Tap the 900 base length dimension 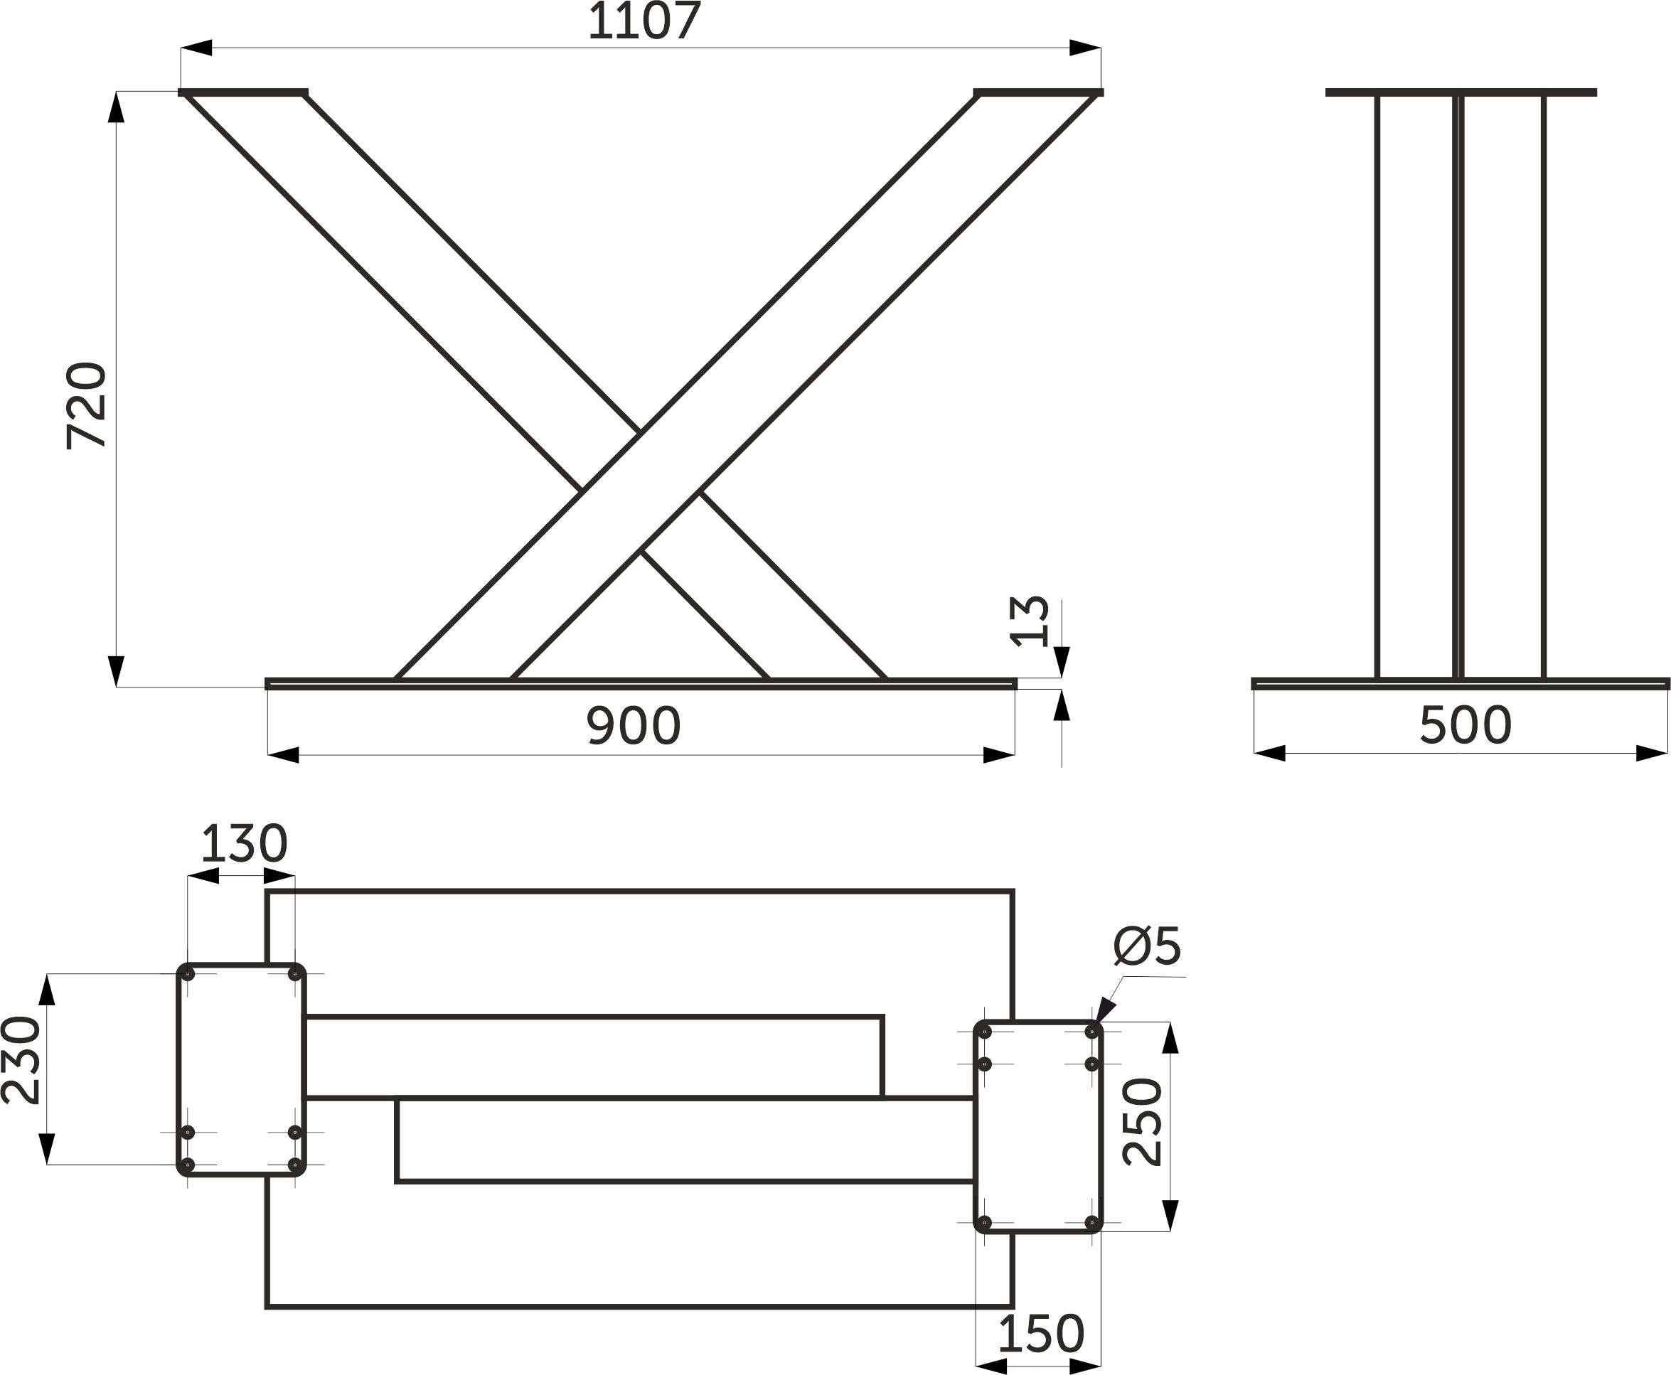pos(634,725)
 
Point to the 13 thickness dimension pos(1030,622)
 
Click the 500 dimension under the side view pos(1465,725)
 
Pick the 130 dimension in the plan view pos(244,845)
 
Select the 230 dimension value pos(21,1061)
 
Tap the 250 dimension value pos(1143,1122)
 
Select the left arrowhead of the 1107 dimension pos(196,48)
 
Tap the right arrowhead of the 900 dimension pos(998,755)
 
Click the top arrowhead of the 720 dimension pos(117,107)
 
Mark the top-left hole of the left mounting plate pos(188,974)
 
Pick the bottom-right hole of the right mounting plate pos(1092,1223)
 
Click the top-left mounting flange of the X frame pos(243,92)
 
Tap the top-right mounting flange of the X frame pos(1038,92)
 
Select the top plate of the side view pos(1461,92)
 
